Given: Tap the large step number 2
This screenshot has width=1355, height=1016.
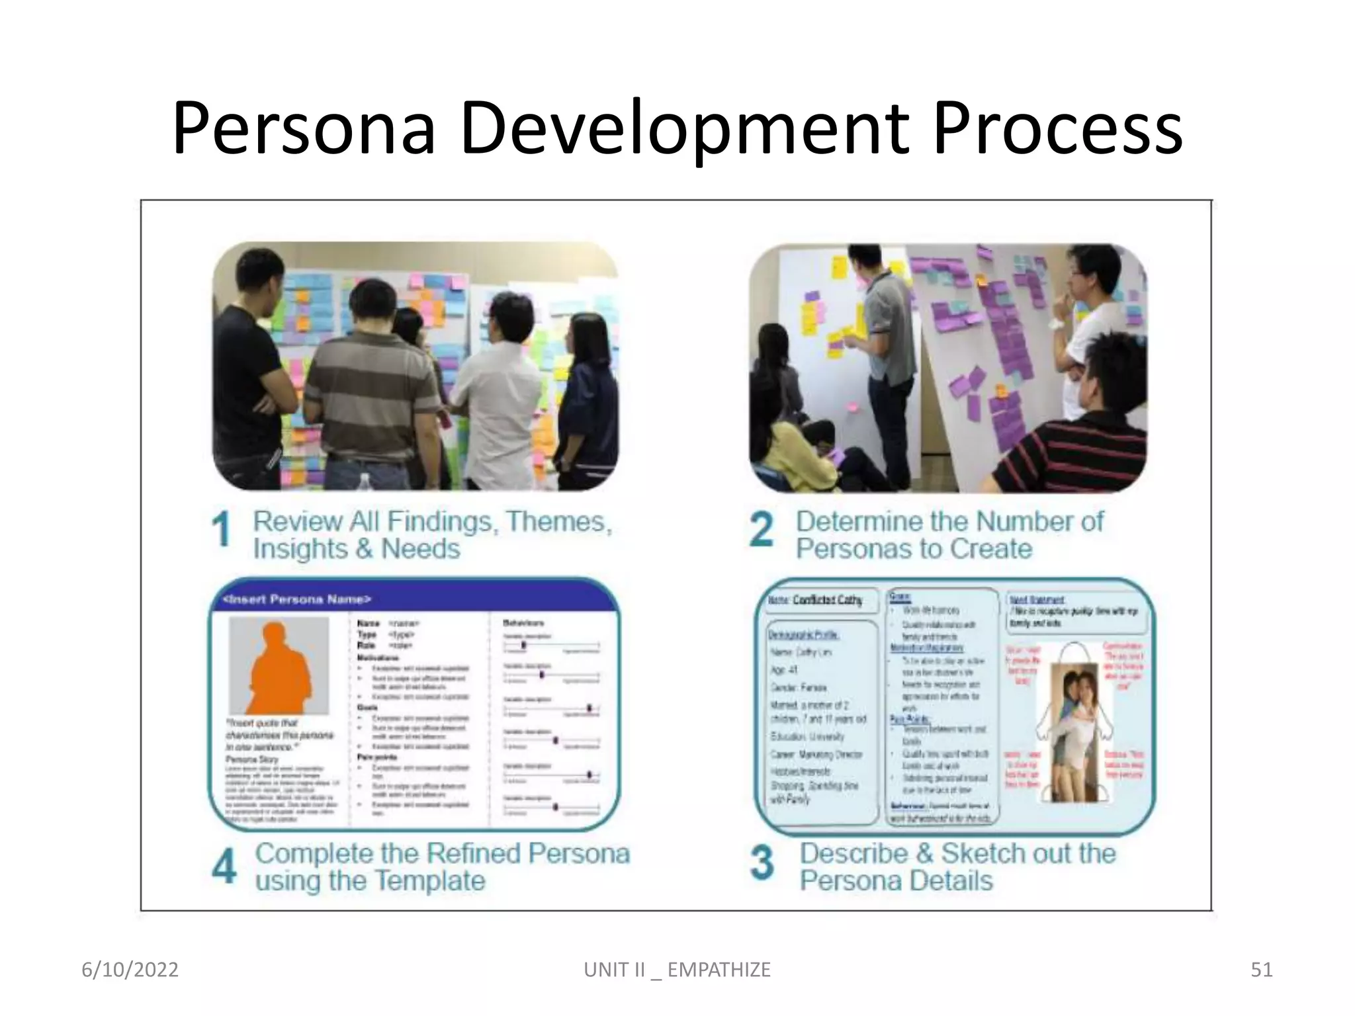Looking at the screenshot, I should [x=761, y=530].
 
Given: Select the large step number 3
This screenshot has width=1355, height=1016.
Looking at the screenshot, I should [x=762, y=863].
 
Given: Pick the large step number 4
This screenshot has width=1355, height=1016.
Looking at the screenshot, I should [x=224, y=866].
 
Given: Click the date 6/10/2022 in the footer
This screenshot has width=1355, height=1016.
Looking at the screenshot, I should [x=130, y=970].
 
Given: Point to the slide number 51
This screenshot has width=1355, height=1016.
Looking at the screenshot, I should [x=1261, y=970].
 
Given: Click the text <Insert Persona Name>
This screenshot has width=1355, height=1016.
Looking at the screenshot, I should [x=298, y=599].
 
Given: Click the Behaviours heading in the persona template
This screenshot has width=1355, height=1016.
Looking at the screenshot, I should [x=523, y=623].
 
